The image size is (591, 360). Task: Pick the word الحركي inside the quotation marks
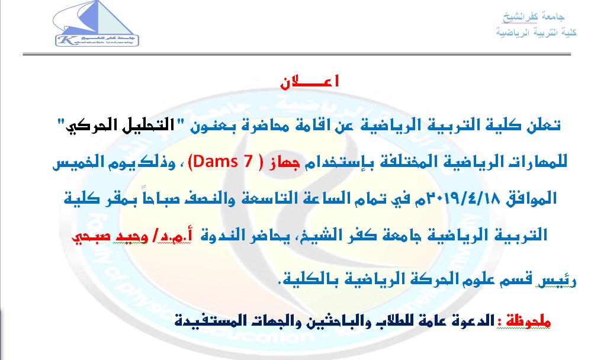[79, 126]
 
